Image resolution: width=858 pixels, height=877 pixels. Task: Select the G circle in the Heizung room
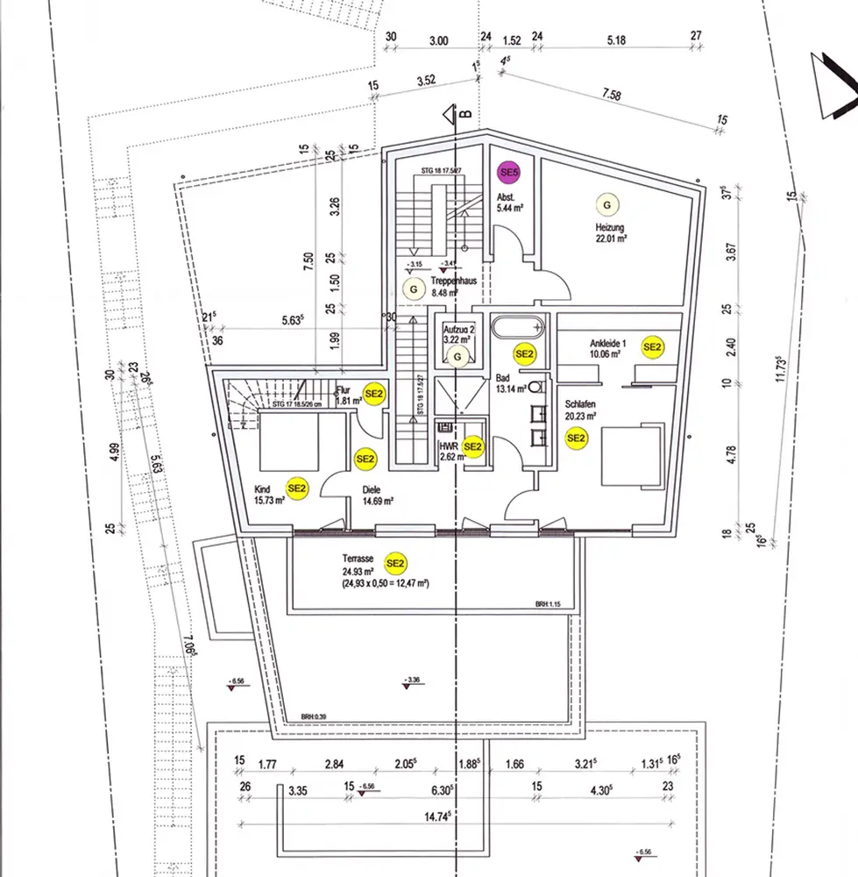pos(607,204)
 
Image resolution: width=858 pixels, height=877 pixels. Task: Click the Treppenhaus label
pos(452,282)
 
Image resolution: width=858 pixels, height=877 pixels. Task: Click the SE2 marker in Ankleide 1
pos(652,347)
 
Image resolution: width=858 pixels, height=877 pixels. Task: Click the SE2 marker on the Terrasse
pos(395,563)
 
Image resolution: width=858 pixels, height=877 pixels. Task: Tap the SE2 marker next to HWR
pos(473,447)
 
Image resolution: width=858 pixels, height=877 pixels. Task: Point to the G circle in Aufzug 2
pos(457,356)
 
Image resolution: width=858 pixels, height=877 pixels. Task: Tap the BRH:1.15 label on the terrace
pos(551,604)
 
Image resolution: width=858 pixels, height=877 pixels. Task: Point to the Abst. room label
pos(507,196)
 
